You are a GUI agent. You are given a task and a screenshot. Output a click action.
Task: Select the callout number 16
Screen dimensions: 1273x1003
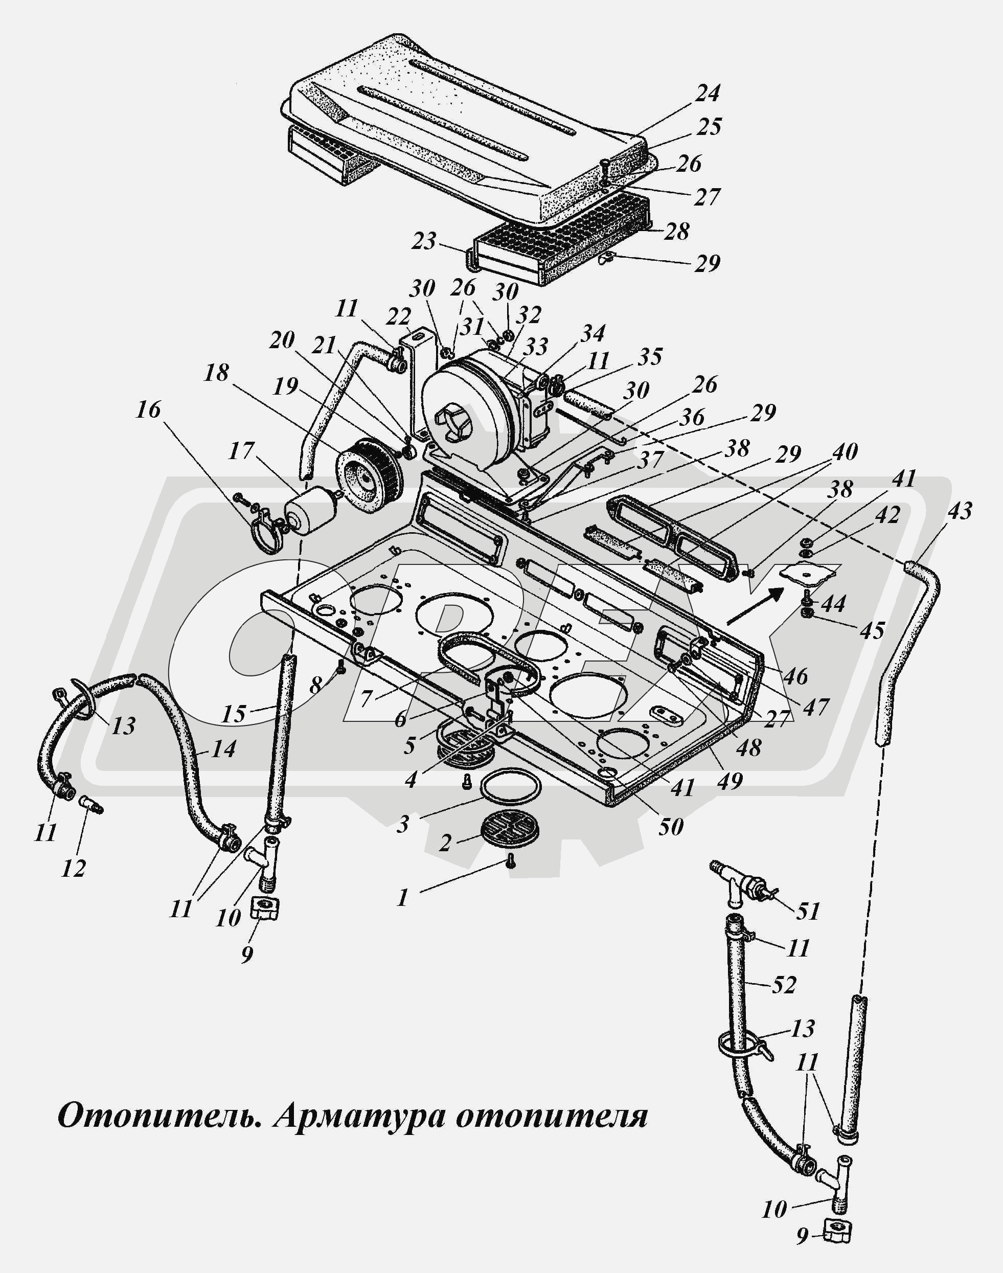(148, 410)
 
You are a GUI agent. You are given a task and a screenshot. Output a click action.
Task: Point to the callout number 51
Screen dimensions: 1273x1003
(808, 911)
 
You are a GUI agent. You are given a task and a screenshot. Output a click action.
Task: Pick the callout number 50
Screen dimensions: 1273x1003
(671, 827)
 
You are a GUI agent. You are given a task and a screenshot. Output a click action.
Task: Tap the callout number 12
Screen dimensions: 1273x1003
(74, 869)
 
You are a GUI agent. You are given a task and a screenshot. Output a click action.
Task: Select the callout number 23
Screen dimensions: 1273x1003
(424, 241)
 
